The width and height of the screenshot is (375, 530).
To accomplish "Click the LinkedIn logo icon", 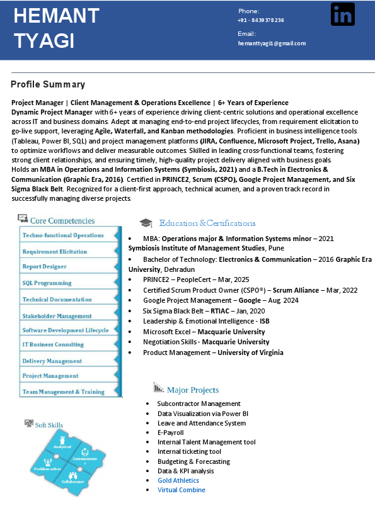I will tap(342, 14).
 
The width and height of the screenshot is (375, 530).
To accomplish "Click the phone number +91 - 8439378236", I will tap(261, 20).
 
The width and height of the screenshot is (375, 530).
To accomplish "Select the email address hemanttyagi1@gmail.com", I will tap(272, 43).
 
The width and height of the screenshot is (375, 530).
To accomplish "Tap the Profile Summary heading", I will tap(48, 84).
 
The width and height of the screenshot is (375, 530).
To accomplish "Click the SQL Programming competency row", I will tap(47, 283).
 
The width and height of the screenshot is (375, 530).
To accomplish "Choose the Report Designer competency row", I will tap(45, 267).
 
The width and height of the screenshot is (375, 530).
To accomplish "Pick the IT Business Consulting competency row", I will tap(53, 345).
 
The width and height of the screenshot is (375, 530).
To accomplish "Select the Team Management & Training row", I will tap(63, 392).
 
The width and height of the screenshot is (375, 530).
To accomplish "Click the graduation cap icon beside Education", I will tap(146, 223).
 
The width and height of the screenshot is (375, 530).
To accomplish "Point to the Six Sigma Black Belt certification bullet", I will tap(195, 311).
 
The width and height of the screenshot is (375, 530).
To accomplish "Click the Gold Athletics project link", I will tap(178, 480).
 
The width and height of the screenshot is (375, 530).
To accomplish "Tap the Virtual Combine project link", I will tap(182, 490).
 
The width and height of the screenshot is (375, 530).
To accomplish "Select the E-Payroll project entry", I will tap(171, 432).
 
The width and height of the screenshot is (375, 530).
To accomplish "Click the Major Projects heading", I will tap(193, 390).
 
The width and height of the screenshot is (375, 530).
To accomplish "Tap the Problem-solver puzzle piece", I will tap(47, 467).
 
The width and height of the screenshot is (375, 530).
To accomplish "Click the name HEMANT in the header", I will tap(56, 16).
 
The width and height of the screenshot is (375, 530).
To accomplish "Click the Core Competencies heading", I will tap(62, 221).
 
